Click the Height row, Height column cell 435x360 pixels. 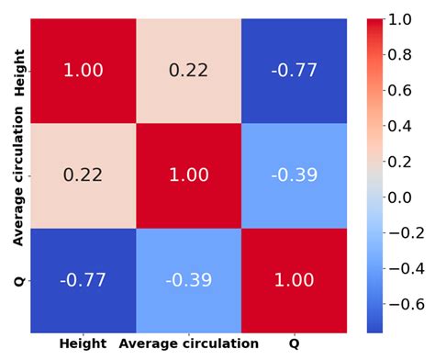coord(83,70)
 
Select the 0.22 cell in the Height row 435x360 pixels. coord(188,70)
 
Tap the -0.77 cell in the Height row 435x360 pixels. coord(294,70)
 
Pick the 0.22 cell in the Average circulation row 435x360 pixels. coord(83,174)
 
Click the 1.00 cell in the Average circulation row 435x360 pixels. coord(188,174)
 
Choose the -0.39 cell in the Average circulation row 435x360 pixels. coord(294,174)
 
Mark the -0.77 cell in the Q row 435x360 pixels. coord(83,280)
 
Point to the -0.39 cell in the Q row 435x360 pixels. coord(188,280)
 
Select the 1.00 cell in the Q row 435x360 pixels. coord(294,280)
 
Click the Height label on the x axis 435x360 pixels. coord(83,344)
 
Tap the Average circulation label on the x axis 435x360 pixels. coord(188,344)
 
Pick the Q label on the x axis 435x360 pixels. coord(294,344)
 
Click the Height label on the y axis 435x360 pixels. coord(18,70)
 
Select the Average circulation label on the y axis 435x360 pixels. coord(18,174)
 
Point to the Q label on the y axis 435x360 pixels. coord(18,280)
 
